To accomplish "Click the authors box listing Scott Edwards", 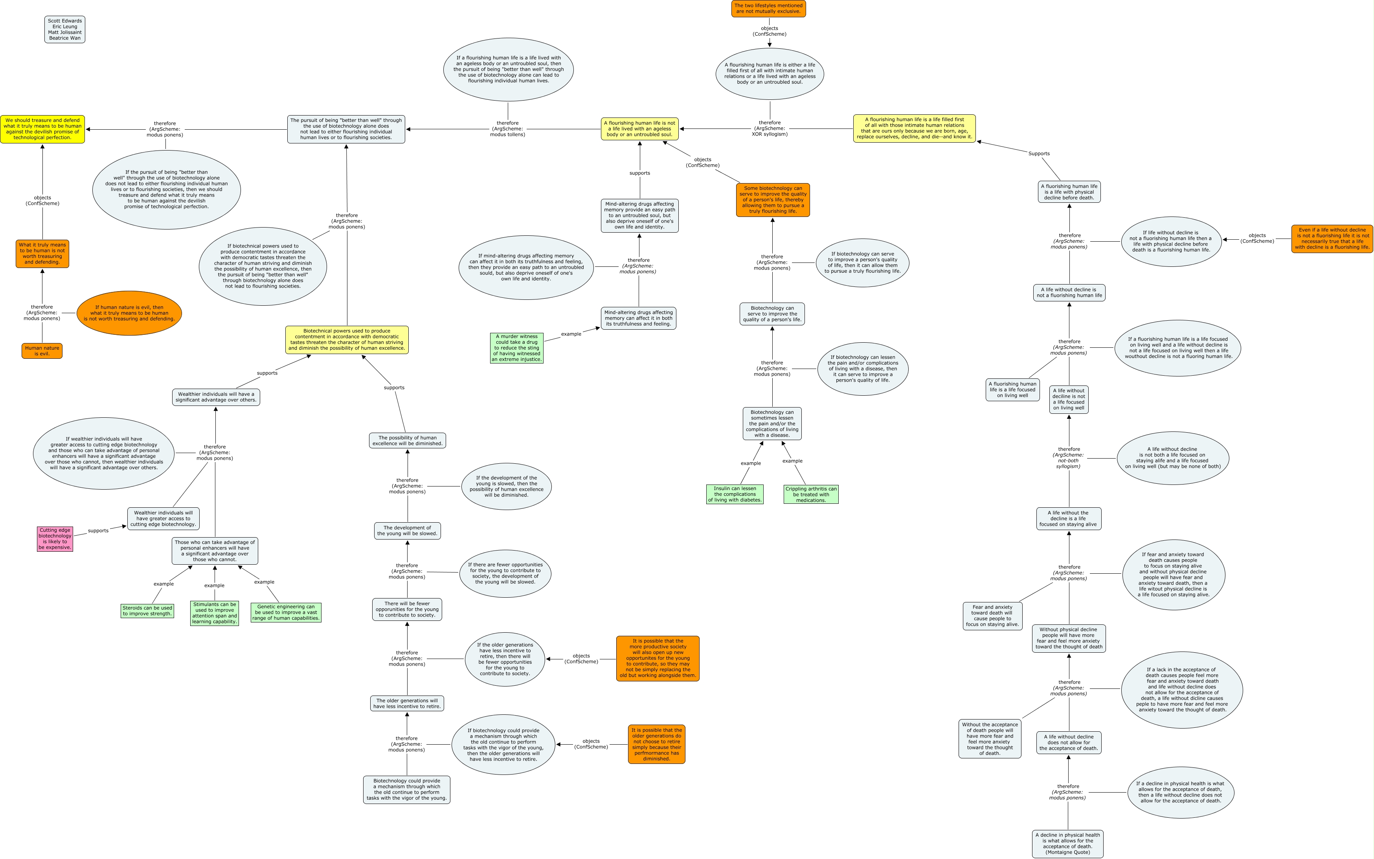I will pyautogui.click(x=65, y=29).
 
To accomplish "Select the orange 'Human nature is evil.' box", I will pyautogui.click(x=42, y=351).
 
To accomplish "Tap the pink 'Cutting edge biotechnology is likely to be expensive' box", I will pyautogui.click(x=55, y=539).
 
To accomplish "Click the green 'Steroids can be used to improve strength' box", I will pyautogui.click(x=147, y=611).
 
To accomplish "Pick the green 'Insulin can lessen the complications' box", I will pyautogui.click(x=735, y=494).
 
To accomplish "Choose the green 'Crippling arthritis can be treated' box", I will pyautogui.click(x=811, y=494).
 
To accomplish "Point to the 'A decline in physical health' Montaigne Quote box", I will pyautogui.click(x=1068, y=844).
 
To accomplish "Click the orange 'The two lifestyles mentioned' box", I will pyautogui.click(x=768, y=9).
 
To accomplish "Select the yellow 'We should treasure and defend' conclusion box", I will pyautogui.click(x=42, y=129).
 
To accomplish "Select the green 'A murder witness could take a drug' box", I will pyautogui.click(x=516, y=348).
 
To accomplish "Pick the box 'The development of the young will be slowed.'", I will pyautogui.click(x=408, y=530).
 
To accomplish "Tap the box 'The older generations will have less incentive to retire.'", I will pyautogui.click(x=407, y=703).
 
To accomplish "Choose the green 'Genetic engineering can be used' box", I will pyautogui.click(x=286, y=613).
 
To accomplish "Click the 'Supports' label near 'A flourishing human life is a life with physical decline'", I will pyautogui.click(x=1039, y=153).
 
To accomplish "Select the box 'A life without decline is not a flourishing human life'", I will pyautogui.click(x=1069, y=293).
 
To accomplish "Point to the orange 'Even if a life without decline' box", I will pyautogui.click(x=1332, y=239).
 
